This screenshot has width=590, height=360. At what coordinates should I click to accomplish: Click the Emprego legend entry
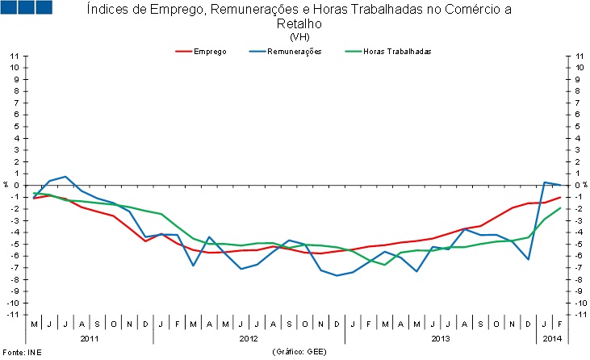[209, 51]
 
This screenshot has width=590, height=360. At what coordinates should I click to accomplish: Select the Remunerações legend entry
[295, 51]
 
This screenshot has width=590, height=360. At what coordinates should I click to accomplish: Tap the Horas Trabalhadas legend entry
[397, 51]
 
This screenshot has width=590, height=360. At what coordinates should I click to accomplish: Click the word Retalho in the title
[299, 24]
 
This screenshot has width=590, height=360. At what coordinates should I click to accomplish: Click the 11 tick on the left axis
[15, 56]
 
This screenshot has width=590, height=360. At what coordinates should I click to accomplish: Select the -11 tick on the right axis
[579, 314]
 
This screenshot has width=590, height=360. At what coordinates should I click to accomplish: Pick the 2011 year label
[89, 339]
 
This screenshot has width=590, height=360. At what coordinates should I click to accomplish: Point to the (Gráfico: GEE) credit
[300, 353]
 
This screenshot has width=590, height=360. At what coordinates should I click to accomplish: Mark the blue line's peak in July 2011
[65, 176]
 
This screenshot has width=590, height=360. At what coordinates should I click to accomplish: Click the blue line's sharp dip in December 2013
[528, 259]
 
